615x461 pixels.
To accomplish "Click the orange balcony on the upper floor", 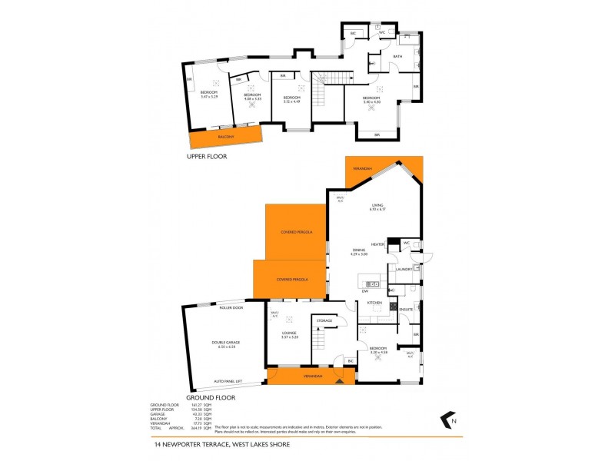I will coord(226,138).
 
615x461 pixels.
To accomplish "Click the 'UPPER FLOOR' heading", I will coord(208,156).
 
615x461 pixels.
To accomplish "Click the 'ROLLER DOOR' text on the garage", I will coord(231,307).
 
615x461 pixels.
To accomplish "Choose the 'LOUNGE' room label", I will coord(289,333).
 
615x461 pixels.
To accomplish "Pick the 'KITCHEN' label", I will coord(374,303).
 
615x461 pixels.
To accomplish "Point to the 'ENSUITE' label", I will coord(406,309).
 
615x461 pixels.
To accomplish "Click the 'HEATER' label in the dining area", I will coord(377,244).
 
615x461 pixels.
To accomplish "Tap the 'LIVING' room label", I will coord(377,205).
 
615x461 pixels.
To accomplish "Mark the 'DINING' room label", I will coord(359,250).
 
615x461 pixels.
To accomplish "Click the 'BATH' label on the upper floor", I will coord(397,56).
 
